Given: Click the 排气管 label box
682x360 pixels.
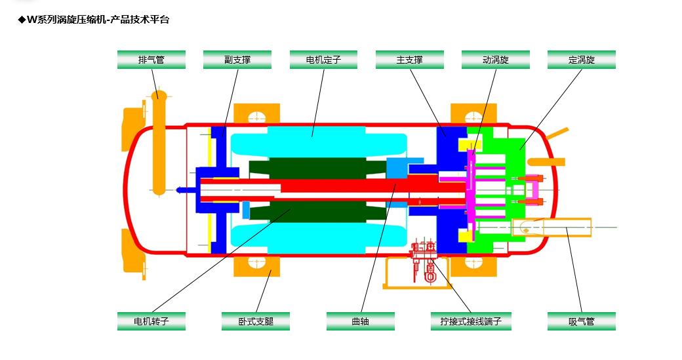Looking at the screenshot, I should [x=151, y=60].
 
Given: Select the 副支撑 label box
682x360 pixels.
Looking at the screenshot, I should [x=237, y=60].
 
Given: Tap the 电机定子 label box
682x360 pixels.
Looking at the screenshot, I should [x=323, y=60].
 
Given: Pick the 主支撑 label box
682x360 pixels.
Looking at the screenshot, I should [x=409, y=60].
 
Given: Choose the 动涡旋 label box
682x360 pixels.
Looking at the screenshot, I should [x=495, y=60].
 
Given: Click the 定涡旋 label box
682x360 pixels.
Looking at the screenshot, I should [x=581, y=60].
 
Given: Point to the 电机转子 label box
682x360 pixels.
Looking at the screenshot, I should [x=151, y=321].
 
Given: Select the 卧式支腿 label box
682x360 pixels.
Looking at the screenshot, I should [x=256, y=321].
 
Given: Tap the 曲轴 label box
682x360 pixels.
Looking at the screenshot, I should [x=361, y=321].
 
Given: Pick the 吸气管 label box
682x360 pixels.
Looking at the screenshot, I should [x=582, y=321].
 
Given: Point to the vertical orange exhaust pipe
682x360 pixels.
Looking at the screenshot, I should [x=158, y=144].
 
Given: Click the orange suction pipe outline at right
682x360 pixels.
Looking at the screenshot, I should [x=564, y=227].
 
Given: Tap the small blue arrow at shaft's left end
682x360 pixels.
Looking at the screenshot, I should [x=182, y=190].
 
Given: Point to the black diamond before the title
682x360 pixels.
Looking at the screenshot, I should [x=21, y=20].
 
